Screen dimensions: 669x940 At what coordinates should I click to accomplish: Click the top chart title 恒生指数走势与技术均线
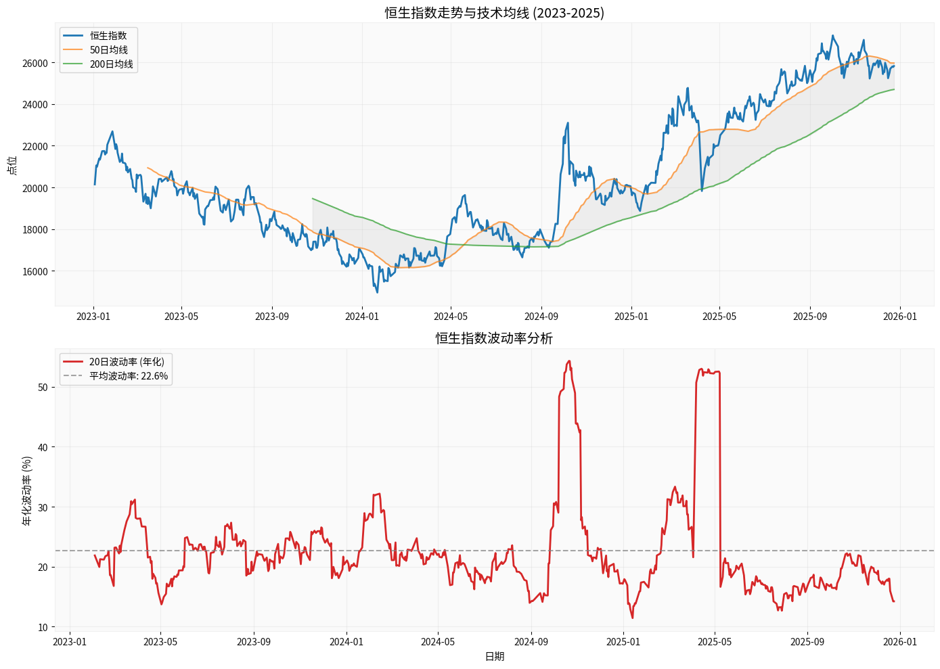click(494, 13)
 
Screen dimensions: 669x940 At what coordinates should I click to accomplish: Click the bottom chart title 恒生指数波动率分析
click(494, 338)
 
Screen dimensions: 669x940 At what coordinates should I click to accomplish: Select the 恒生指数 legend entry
click(108, 36)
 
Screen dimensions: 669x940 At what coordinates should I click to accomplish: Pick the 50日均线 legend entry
click(109, 50)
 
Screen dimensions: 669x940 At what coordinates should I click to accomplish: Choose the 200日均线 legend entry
click(112, 64)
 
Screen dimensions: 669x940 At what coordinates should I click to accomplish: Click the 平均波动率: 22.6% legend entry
click(129, 376)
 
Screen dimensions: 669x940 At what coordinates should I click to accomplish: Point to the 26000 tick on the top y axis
click(35, 63)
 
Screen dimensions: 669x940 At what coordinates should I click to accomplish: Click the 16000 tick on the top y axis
click(35, 271)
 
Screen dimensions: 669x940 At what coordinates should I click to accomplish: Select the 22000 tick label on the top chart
click(35, 146)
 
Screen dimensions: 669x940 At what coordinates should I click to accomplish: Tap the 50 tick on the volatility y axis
click(43, 388)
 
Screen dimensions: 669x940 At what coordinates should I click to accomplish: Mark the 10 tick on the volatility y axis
click(43, 627)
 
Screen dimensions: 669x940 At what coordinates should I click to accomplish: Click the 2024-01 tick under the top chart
click(362, 316)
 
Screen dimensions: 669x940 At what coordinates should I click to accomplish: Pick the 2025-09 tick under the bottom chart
click(807, 641)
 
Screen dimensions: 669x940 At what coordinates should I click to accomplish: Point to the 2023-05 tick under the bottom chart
click(160, 641)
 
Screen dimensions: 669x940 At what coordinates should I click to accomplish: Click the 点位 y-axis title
click(12, 165)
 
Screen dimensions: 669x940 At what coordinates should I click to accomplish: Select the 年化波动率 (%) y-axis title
click(27, 490)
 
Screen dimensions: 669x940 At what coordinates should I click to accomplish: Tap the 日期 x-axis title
click(495, 656)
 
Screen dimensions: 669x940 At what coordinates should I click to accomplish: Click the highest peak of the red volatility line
click(569, 361)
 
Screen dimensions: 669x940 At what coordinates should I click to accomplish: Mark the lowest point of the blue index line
click(377, 292)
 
